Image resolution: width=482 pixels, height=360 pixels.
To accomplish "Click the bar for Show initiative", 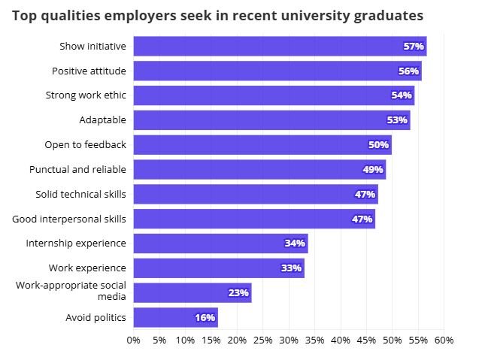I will [x=280, y=47].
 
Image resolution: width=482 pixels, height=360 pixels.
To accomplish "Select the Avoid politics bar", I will [x=175, y=317].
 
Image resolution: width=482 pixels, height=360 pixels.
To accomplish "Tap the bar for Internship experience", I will [x=220, y=244].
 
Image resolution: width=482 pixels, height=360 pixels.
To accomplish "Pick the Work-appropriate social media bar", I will [x=192, y=292].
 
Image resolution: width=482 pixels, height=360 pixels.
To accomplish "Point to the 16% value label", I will [x=205, y=317].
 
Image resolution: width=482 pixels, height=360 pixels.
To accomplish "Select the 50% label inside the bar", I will [x=378, y=145].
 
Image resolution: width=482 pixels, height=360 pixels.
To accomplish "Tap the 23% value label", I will [x=238, y=292].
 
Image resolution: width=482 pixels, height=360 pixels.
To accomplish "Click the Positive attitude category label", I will [x=89, y=71].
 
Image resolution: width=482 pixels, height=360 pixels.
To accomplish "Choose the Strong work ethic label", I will [x=86, y=95].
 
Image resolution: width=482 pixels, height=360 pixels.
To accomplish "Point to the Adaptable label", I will [x=102, y=120].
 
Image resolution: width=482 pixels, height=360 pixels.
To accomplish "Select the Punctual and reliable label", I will [x=77, y=169].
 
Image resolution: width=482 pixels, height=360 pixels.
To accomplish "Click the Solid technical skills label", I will [x=80, y=194].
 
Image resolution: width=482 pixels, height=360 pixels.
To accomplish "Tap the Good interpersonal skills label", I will [x=69, y=219].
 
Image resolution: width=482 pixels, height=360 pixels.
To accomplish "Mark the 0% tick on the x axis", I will [x=134, y=340].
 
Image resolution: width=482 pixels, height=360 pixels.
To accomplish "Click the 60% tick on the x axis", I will [x=444, y=340].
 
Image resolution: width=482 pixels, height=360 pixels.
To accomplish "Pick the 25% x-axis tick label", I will [x=263, y=340].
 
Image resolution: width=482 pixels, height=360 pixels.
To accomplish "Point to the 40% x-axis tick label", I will [x=341, y=340].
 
